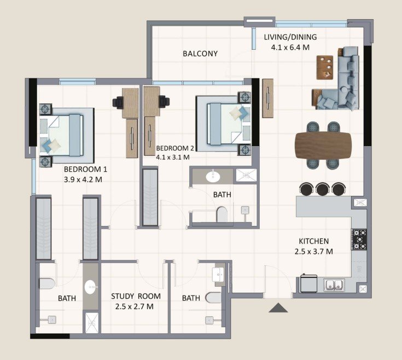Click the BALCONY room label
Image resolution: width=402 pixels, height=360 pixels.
200,54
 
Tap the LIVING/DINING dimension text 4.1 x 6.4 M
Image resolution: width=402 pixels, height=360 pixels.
290,48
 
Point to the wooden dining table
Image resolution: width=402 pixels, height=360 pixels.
323,145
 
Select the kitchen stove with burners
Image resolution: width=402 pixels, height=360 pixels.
359,240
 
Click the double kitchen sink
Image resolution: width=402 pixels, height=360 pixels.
334,284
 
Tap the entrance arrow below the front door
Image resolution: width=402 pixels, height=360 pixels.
278,307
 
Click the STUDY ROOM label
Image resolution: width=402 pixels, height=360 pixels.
136,296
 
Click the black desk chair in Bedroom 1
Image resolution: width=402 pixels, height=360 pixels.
118,102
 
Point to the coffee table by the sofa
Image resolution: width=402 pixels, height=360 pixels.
325,67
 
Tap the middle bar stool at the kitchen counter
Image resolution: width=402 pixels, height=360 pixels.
322,189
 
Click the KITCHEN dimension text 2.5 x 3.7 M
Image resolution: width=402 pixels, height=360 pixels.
314,252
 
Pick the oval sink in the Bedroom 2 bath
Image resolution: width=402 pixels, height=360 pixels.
213,176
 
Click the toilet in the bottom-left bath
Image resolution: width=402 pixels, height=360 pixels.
47,284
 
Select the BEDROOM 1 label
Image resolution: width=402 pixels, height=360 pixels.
85,169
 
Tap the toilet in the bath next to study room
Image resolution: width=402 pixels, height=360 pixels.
213,298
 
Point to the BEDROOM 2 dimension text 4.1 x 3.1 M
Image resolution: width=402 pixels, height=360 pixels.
173,157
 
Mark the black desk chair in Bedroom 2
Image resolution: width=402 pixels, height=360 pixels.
164,101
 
